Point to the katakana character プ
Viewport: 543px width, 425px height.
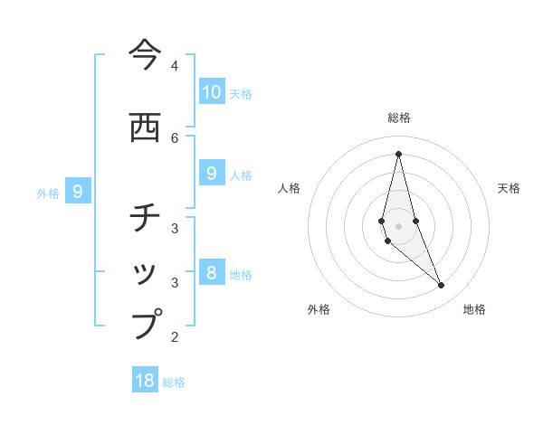pyautogui.click(x=146, y=324)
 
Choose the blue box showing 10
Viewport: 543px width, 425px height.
pyautogui.click(x=212, y=91)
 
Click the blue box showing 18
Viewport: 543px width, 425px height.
pyautogui.click(x=145, y=381)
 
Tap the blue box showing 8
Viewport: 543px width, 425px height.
pyautogui.click(x=212, y=272)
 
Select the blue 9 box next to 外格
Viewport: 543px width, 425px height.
pyautogui.click(x=79, y=191)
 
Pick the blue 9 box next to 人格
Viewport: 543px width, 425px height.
pyautogui.click(x=212, y=173)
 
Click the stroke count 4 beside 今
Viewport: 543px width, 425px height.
pyautogui.click(x=175, y=66)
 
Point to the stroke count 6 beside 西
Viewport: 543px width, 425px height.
pyautogui.click(x=175, y=137)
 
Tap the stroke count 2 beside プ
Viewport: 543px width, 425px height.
pyautogui.click(x=175, y=337)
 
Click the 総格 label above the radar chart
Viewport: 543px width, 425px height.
pyautogui.click(x=398, y=118)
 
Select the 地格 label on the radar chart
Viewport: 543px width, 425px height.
pyautogui.click(x=474, y=309)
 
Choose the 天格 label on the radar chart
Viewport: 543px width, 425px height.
pyautogui.click(x=510, y=188)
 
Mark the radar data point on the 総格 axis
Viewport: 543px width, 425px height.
pyautogui.click(x=398, y=154)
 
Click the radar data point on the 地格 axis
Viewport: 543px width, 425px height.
pyautogui.click(x=442, y=286)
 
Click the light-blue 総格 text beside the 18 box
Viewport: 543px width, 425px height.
pyautogui.click(x=174, y=382)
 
